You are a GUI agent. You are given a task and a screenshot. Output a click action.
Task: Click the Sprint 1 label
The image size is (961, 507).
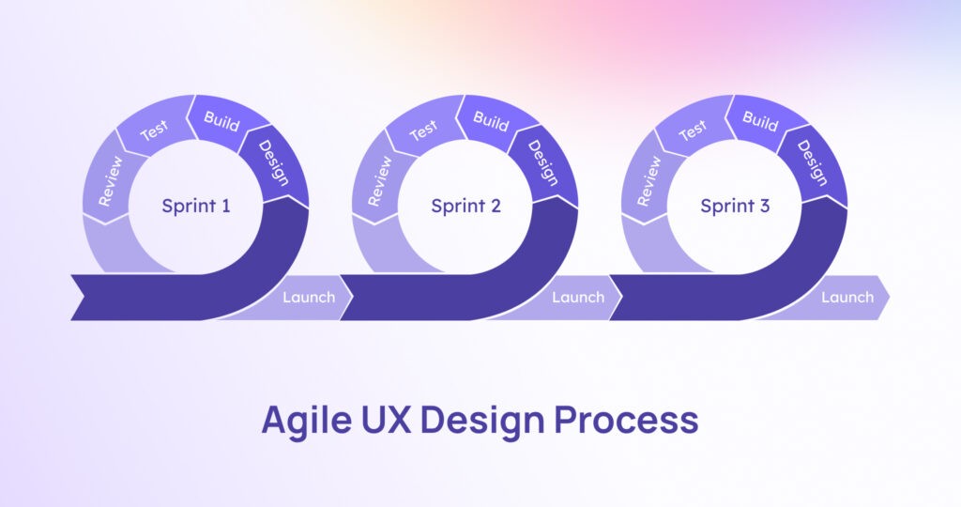pyautogui.click(x=195, y=206)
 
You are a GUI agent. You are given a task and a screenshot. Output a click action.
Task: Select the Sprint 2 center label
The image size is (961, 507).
pyautogui.click(x=465, y=206)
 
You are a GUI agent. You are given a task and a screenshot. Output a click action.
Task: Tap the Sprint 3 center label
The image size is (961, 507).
pyautogui.click(x=735, y=206)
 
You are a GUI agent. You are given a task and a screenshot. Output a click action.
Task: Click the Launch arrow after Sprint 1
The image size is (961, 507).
pyautogui.click(x=308, y=298)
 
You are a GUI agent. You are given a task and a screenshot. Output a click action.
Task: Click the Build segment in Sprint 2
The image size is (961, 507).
pyautogui.click(x=491, y=121)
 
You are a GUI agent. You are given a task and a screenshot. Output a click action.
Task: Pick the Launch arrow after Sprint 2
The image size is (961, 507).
pyautogui.click(x=577, y=298)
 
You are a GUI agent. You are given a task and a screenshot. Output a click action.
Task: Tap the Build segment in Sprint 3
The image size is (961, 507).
pyautogui.click(x=760, y=121)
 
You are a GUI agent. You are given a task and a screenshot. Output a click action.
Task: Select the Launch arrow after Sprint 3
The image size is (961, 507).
pyautogui.click(x=847, y=298)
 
